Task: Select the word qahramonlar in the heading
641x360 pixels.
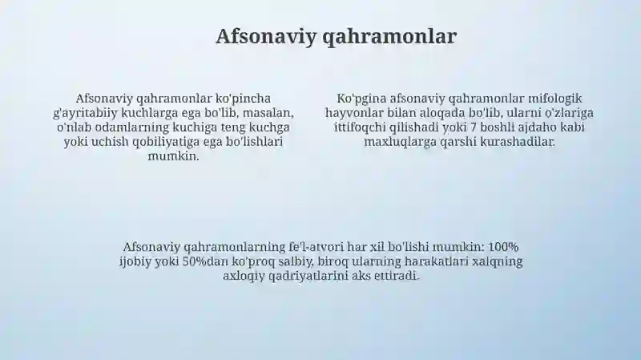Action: pos(389,37)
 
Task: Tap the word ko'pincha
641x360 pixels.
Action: pos(243,99)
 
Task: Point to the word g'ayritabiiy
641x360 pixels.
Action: pos(85,113)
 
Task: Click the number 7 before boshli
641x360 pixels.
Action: pos(473,127)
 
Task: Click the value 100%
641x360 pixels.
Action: pos(504,247)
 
